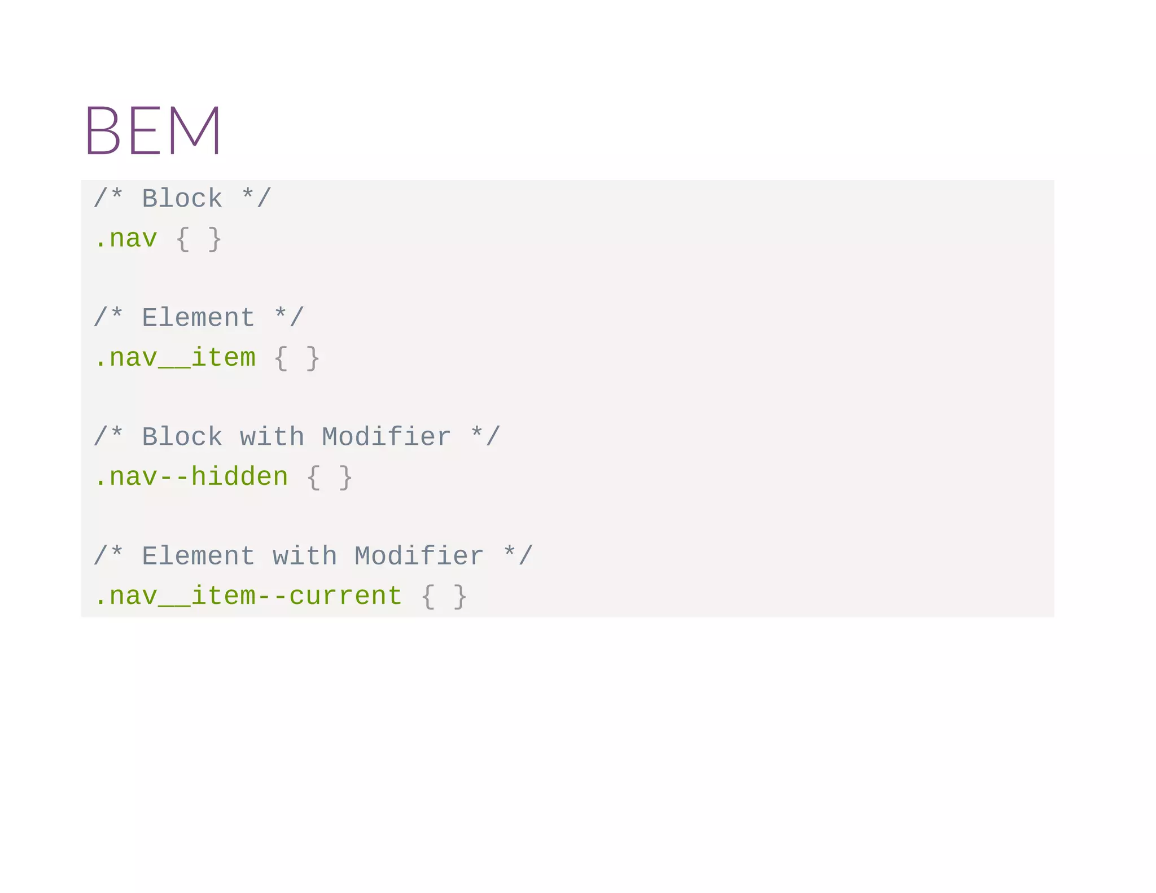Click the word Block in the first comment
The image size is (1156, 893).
coord(182,199)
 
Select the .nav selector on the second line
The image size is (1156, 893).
coord(126,239)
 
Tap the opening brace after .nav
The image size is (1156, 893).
coord(182,239)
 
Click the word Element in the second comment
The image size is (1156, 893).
coord(198,318)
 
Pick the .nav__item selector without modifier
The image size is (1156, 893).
coord(175,358)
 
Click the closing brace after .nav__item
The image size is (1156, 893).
coord(313,358)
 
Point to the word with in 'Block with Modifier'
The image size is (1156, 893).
coord(272,437)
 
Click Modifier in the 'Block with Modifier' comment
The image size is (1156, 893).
coord(386,437)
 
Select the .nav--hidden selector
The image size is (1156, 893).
coord(191,477)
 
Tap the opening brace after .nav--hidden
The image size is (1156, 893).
coord(313,478)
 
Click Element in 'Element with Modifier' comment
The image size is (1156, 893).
coord(198,556)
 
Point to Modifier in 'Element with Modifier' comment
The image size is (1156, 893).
coord(419,556)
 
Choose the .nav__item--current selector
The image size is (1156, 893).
coord(248,596)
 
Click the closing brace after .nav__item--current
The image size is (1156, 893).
coord(460,597)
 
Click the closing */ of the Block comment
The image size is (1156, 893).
coord(256,199)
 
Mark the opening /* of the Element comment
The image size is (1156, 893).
coord(108,318)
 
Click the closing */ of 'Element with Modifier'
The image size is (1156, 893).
coord(518,556)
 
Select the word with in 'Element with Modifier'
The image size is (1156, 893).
coord(305,556)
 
